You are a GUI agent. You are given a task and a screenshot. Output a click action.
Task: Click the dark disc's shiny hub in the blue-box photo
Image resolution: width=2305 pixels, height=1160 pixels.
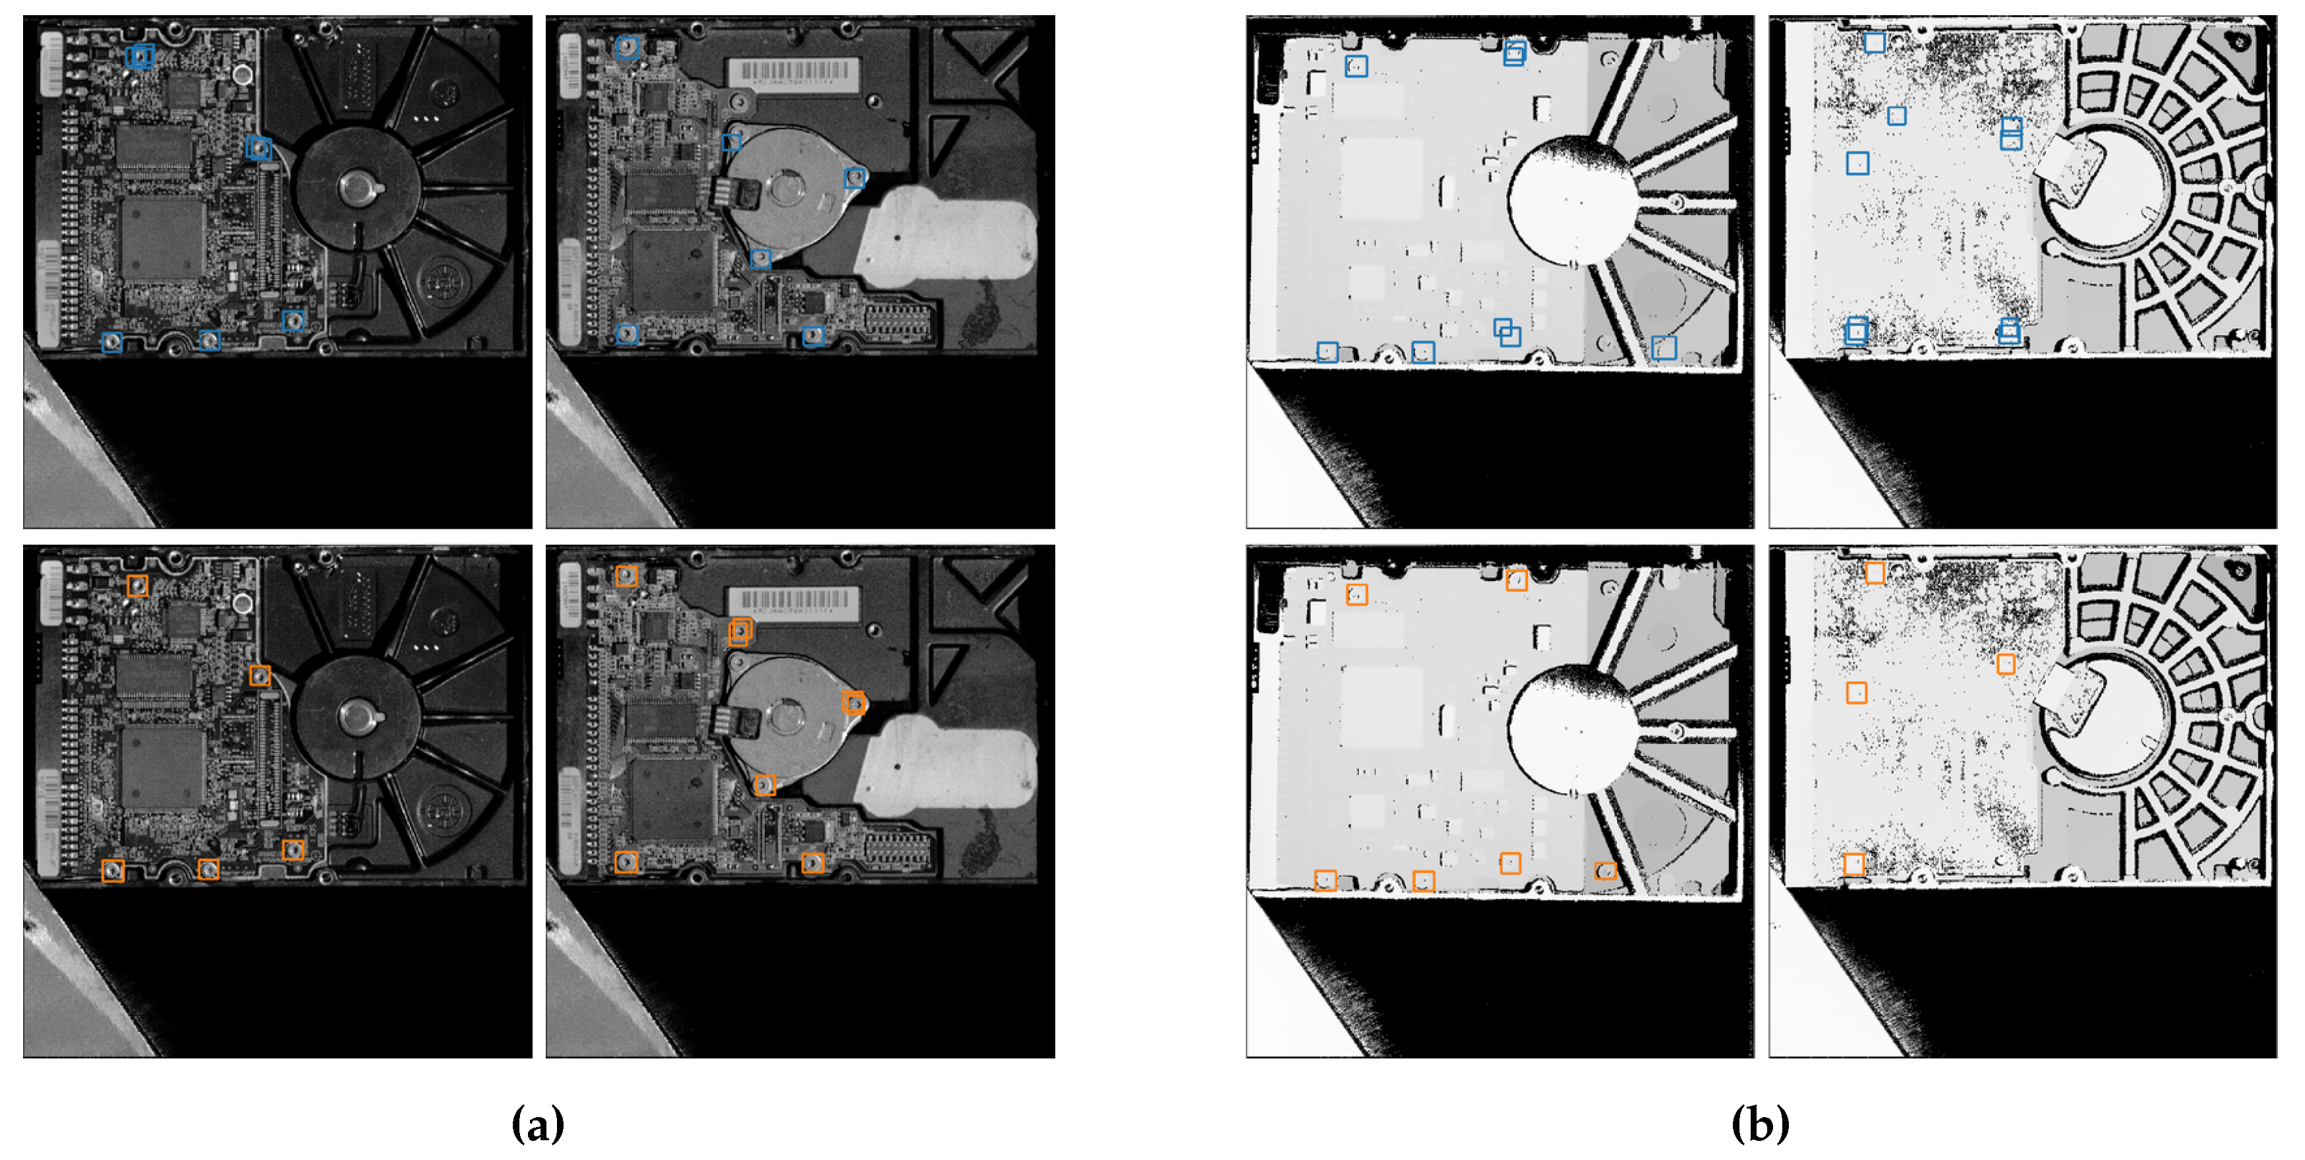[358, 188]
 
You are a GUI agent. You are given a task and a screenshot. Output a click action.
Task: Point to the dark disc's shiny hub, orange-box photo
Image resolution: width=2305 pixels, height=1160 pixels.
[358, 717]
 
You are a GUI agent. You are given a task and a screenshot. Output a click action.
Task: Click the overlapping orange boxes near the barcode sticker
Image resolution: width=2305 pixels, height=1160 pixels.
[740, 631]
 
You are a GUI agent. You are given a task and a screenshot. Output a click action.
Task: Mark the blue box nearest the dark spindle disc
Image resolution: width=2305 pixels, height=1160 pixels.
[258, 148]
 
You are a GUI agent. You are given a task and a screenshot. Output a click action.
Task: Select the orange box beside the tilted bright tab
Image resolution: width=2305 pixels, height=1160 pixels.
[2006, 663]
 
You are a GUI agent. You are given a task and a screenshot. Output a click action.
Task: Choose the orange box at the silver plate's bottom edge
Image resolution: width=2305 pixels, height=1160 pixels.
[764, 785]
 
